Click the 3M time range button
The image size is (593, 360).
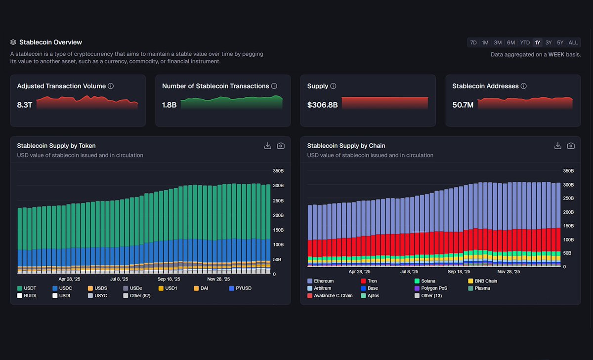pyautogui.click(x=498, y=42)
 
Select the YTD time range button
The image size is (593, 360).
pyautogui.click(x=525, y=42)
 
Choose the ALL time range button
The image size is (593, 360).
pyautogui.click(x=573, y=42)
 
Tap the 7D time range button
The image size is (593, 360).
pyautogui.click(x=473, y=42)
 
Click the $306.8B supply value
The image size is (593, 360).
pyautogui.click(x=322, y=105)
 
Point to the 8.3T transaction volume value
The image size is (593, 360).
pyautogui.click(x=25, y=105)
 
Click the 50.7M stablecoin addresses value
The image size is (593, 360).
pyautogui.click(x=463, y=105)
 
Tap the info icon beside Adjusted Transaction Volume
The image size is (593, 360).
pyautogui.click(x=111, y=86)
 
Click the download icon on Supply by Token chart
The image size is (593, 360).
pyautogui.click(x=268, y=146)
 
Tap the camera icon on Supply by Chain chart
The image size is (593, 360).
pyautogui.click(x=571, y=146)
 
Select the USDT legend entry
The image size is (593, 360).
pyautogui.click(x=30, y=288)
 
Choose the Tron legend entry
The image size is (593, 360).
pyautogui.click(x=372, y=281)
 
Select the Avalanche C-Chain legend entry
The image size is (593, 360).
pyautogui.click(x=333, y=296)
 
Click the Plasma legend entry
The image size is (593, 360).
pyautogui.click(x=482, y=288)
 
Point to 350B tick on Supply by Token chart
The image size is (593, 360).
pyautogui.click(x=278, y=171)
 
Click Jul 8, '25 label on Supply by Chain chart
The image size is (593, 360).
pyautogui.click(x=409, y=272)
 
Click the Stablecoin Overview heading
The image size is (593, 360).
pyautogui.click(x=50, y=42)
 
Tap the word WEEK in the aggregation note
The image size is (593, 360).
pyautogui.click(x=557, y=54)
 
